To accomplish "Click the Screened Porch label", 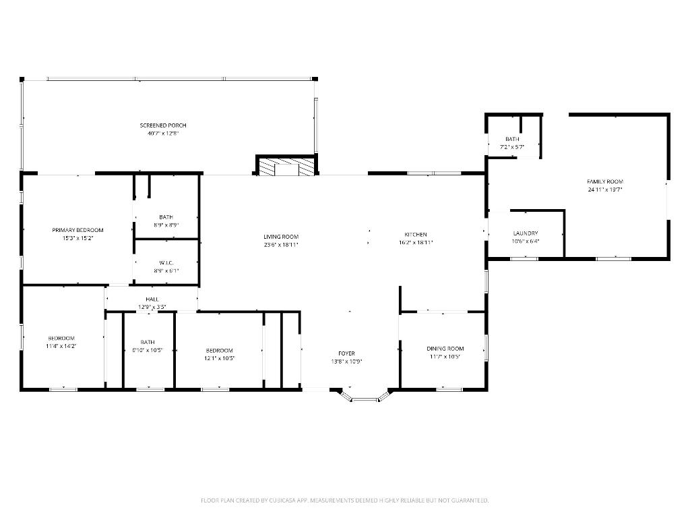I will coord(163,125).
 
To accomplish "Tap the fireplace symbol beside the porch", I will coord(286,167).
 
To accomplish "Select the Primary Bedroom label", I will coord(77,230).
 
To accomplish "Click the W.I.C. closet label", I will coord(166,262).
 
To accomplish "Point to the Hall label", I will coord(152,299).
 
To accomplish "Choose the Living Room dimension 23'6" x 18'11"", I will coord(281,245).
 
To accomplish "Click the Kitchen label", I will coord(416,234).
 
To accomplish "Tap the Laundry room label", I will coord(526,233).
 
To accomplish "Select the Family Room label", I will coord(605,181).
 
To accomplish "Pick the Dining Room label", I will coord(445,349).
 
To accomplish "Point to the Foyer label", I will coord(346,353).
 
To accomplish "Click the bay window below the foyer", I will coord(365,399).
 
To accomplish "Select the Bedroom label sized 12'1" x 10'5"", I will coord(220,350).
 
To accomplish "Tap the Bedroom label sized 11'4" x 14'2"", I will coord(61,338).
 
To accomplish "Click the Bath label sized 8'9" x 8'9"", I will coord(166,217).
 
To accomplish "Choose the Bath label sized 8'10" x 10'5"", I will coord(148,342).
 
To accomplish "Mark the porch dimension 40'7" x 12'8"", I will coord(163,134).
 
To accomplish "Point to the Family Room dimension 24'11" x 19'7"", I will coord(605,190).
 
